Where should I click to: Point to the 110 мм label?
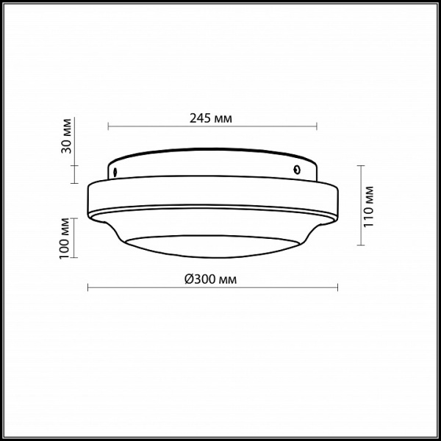click(x=370, y=206)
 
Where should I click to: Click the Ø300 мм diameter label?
click(x=212, y=279)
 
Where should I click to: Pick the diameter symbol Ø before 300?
click(x=188, y=279)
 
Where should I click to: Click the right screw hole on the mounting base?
click(x=295, y=169)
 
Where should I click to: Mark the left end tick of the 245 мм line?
click(x=109, y=127)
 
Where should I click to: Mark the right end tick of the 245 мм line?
click(x=317, y=127)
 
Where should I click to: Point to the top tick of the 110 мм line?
click(x=359, y=165)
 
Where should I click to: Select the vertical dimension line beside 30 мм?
click(x=74, y=147)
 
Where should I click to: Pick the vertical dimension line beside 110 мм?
click(x=359, y=206)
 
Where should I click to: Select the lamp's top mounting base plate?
click(x=212, y=163)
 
